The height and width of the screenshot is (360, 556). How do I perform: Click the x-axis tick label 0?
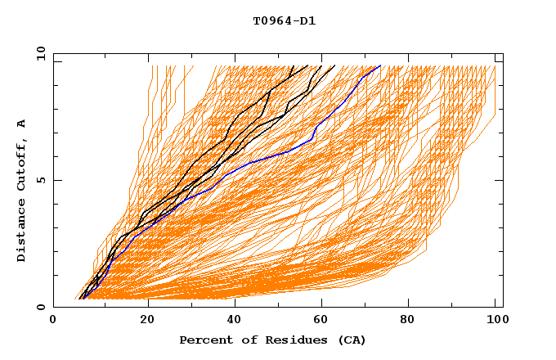53,320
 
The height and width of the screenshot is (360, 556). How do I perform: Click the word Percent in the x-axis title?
204,340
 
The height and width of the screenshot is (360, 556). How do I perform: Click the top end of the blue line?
380,65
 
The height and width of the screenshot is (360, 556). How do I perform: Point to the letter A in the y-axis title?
22,124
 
